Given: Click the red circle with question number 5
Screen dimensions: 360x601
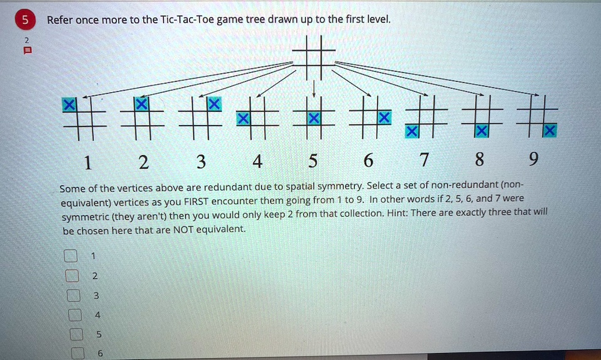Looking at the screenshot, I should pos(24,20).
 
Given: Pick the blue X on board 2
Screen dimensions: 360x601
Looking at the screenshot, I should pos(143,103).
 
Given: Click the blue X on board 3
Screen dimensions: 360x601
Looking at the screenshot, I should pos(214,104).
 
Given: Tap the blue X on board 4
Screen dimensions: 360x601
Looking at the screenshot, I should pos(242,117).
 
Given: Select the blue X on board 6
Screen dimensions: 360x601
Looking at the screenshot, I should pos(384,117).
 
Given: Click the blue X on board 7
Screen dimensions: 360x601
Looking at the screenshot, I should pos(411,131).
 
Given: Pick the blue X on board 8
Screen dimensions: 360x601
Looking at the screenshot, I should pos(481,131).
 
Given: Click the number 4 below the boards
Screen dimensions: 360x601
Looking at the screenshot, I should pos(256,163).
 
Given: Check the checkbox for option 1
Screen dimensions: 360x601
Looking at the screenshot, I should pos(70,256).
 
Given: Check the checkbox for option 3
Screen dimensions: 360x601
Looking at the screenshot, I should pos(74,295).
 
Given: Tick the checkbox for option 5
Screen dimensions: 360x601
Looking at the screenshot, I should pos(75,335).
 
